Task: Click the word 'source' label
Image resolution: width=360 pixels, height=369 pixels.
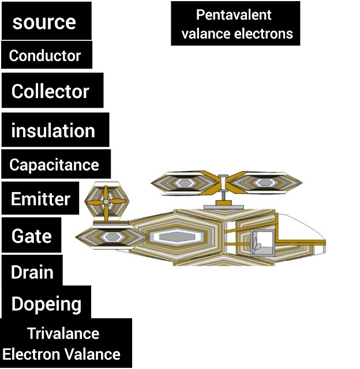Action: coord(44,22)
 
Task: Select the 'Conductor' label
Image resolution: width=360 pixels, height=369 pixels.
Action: coord(45,56)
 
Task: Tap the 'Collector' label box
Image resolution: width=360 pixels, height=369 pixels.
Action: coord(50,91)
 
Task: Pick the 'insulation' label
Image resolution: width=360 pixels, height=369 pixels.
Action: coord(53,130)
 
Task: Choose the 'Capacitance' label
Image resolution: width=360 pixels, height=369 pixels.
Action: coord(54,165)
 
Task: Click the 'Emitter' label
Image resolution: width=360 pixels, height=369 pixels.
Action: coord(40,199)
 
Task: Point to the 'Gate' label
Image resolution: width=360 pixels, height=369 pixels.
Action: coord(31,236)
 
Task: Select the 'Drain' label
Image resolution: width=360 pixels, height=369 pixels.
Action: coord(32,272)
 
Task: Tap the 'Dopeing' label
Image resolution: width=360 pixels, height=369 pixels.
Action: coord(46,304)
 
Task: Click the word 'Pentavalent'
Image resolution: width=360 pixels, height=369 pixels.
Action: coord(234,15)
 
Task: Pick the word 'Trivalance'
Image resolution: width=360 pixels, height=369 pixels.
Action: coord(63,333)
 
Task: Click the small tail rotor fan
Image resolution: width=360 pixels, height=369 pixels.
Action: coord(107,202)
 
